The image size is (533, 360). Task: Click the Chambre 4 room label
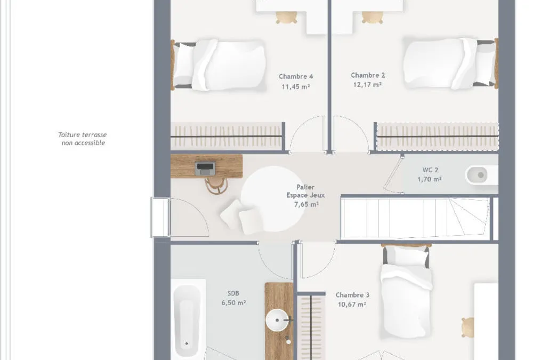click(x=296, y=77)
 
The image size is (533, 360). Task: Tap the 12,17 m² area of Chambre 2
click(x=367, y=84)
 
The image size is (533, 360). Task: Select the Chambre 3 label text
click(x=352, y=295)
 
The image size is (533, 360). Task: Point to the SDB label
click(x=233, y=293)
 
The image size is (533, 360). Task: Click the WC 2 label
click(x=430, y=170)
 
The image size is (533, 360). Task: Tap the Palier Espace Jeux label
click(x=305, y=191)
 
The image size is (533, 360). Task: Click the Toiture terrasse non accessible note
click(x=83, y=139)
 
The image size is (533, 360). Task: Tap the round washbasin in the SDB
click(x=277, y=320)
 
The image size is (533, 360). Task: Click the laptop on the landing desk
click(x=205, y=169)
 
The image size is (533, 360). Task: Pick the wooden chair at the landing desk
click(x=216, y=186)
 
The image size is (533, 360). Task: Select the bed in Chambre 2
click(x=451, y=63)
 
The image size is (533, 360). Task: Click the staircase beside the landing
click(x=415, y=218)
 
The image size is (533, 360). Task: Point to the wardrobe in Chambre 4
click(x=227, y=136)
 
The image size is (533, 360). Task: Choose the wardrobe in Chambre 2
click(x=437, y=136)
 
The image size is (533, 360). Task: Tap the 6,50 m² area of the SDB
click(x=233, y=302)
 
